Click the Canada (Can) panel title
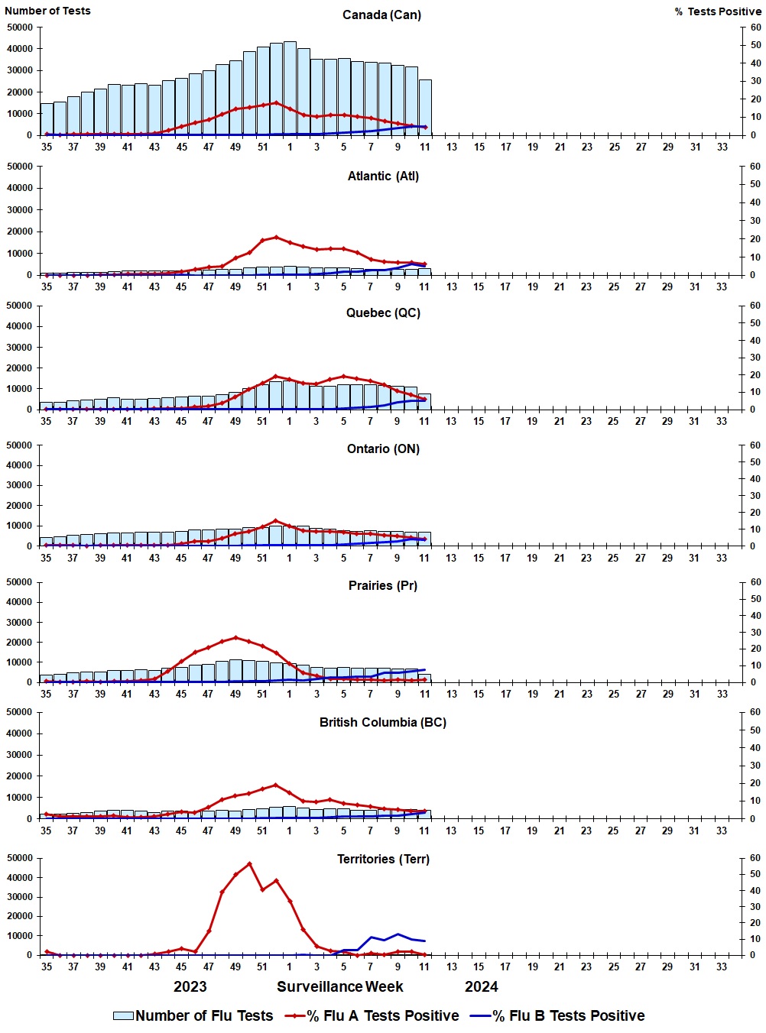pos(381,15)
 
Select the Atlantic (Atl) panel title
pos(383,176)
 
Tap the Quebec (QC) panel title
pos(383,313)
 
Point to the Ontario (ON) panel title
pos(383,449)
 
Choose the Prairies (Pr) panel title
pos(383,586)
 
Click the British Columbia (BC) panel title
pos(383,723)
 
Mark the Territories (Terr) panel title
pos(383,860)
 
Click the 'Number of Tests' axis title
pos(47,11)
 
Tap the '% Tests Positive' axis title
pos(718,11)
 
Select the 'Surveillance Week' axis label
pos(339,987)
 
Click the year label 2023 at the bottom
pos(190,987)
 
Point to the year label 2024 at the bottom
pos(481,987)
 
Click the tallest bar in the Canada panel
pos(290,88)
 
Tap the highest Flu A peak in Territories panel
pos(249,863)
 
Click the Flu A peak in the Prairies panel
pos(235,637)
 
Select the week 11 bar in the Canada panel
pos(425,107)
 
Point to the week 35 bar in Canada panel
pos(47,119)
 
